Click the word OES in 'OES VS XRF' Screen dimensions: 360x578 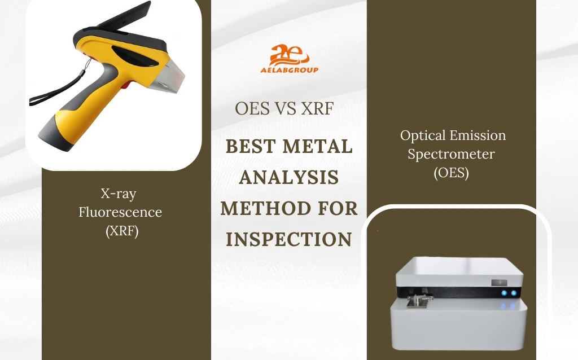(252, 109)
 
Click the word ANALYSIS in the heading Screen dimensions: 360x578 (289, 178)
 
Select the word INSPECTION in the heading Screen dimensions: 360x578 (289, 239)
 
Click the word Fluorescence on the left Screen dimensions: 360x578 (120, 212)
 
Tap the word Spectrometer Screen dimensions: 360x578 (452, 154)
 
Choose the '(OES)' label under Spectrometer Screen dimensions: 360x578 (452, 173)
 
